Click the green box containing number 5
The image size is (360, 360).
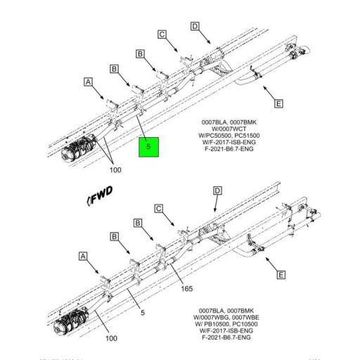tap(149, 147)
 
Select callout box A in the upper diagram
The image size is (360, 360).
tap(89, 82)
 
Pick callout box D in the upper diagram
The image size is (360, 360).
tap(194, 27)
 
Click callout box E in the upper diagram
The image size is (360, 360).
tap(278, 104)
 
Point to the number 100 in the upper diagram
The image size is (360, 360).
tap(115, 169)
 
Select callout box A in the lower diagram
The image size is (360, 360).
tap(84, 258)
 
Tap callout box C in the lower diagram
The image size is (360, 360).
tap(159, 208)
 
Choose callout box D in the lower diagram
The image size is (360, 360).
tap(217, 191)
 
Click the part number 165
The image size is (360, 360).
tap(187, 288)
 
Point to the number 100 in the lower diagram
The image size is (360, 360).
tap(111, 338)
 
